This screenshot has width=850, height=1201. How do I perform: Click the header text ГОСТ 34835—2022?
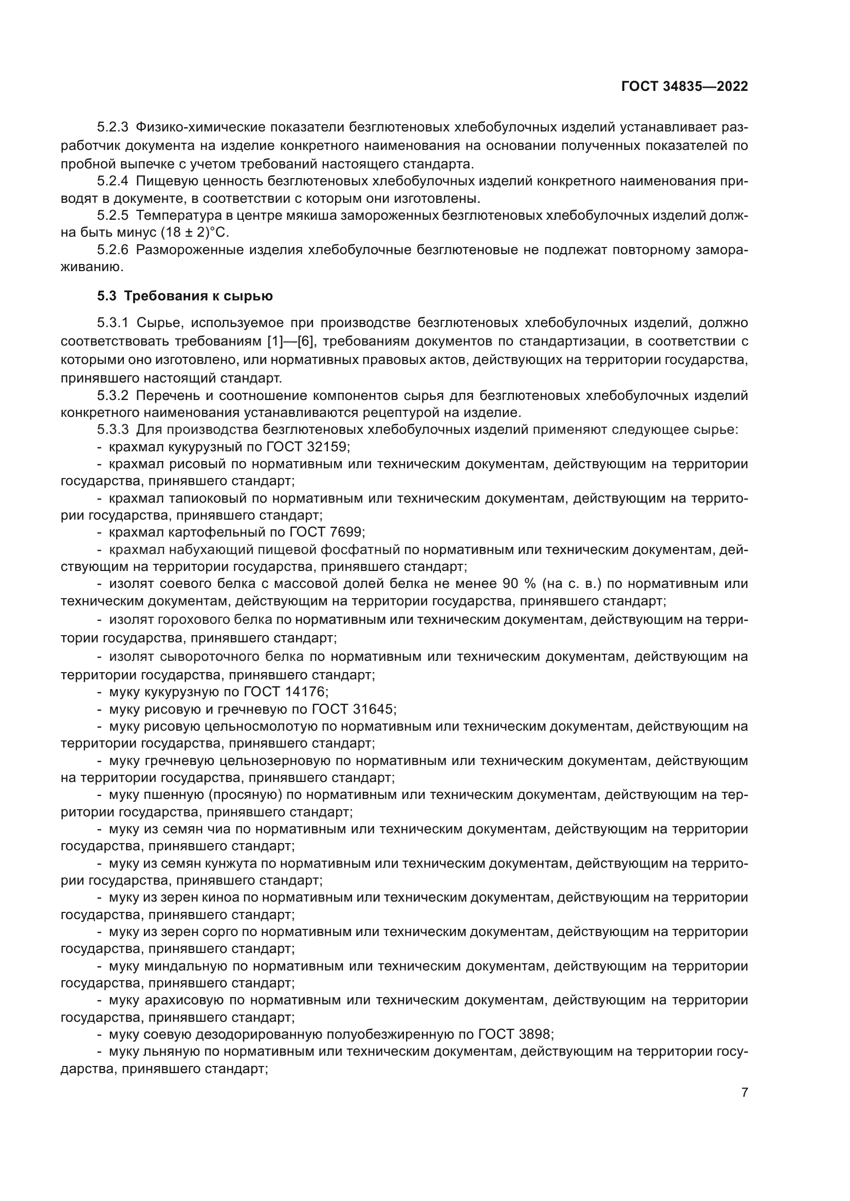pyautogui.click(x=684, y=87)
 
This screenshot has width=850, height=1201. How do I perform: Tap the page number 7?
pyautogui.click(x=744, y=1092)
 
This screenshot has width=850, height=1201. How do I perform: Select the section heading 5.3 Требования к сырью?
pyautogui.click(x=185, y=296)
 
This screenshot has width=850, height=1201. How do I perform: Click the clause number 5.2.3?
pyautogui.click(x=113, y=127)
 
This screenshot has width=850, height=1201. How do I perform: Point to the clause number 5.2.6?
pyautogui.click(x=113, y=250)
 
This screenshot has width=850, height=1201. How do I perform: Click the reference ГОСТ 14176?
pyautogui.click(x=285, y=692)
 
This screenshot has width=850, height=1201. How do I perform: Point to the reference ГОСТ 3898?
pyautogui.click(x=514, y=1034)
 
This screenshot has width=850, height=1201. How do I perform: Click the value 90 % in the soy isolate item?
pyautogui.click(x=519, y=583)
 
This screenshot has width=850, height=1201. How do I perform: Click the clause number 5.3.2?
pyautogui.click(x=113, y=396)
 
